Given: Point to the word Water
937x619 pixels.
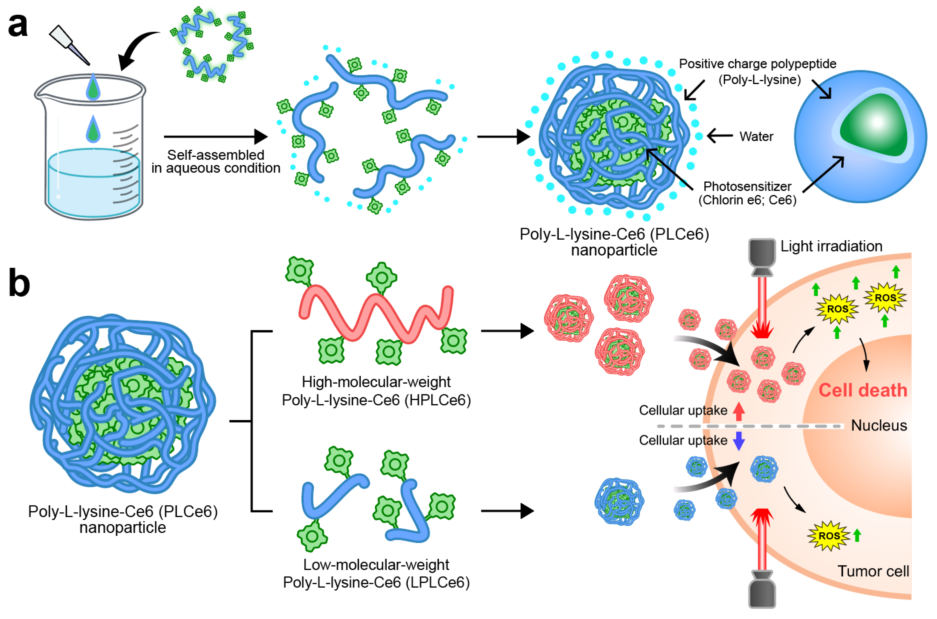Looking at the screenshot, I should (756, 137).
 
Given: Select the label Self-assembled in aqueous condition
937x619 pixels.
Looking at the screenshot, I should (216, 161).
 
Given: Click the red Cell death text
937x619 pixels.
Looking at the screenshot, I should (862, 390).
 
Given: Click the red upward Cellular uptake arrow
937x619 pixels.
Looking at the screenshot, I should (739, 411).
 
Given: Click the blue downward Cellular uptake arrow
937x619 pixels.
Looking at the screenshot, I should (739, 441).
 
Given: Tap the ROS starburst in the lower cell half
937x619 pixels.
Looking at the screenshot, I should (828, 536).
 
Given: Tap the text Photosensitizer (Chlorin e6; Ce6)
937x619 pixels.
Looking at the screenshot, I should (747, 193).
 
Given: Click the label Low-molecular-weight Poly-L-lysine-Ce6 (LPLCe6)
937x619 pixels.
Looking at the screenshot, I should (376, 574).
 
